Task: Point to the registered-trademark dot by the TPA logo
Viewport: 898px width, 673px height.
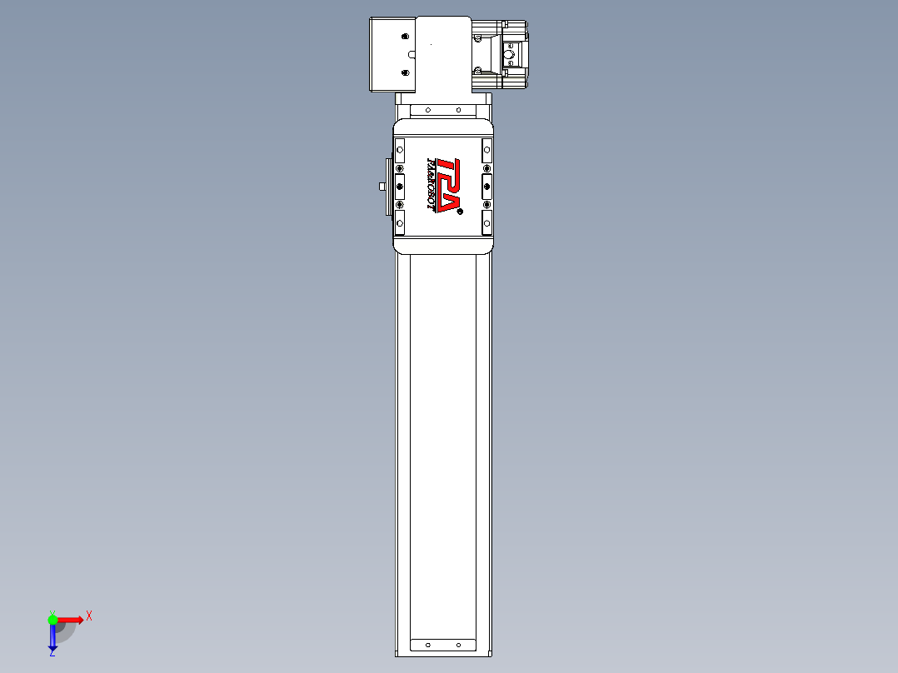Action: point(459,212)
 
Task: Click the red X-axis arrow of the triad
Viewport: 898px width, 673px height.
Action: point(71,619)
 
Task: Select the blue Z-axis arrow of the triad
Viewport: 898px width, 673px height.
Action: point(52,638)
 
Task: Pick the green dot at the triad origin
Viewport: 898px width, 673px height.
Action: point(52,619)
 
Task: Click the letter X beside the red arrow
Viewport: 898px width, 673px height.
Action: point(89,616)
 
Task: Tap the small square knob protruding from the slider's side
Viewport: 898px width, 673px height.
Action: point(381,186)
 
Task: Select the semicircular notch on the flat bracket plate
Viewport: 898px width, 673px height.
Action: point(412,54)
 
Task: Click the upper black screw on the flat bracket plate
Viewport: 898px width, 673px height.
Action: point(405,37)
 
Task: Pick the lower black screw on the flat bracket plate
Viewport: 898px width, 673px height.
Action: point(406,72)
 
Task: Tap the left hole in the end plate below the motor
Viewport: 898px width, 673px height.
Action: point(427,110)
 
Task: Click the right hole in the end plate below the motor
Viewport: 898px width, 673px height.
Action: point(458,110)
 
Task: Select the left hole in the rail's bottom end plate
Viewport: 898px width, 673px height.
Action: point(427,645)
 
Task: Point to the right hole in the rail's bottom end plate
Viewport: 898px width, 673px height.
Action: point(458,645)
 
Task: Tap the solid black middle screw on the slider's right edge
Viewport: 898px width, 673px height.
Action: point(486,186)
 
